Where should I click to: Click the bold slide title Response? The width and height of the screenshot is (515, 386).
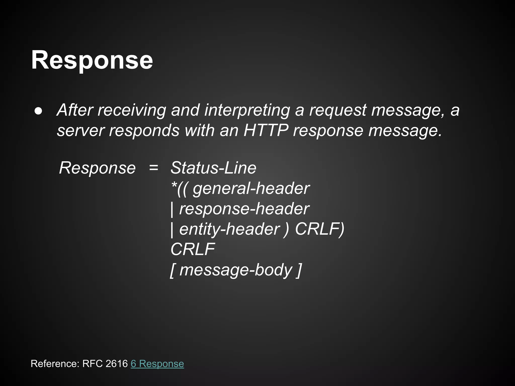[x=92, y=60]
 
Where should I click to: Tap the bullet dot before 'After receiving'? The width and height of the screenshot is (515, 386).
[x=39, y=111]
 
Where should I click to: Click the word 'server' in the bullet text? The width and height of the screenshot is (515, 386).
[x=80, y=130]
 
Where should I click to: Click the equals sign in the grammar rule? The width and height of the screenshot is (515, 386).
[x=154, y=168]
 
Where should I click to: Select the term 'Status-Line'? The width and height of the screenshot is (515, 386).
[x=213, y=168]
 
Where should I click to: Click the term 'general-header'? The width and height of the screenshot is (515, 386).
[x=251, y=188]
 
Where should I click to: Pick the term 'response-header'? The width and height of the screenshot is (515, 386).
[x=244, y=209]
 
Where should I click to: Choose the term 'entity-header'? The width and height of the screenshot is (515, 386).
[x=229, y=229]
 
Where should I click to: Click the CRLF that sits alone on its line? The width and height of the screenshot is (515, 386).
[x=193, y=249]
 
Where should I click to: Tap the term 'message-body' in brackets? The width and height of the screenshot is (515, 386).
[x=236, y=270]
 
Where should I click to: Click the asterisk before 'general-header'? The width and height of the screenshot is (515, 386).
[x=174, y=186]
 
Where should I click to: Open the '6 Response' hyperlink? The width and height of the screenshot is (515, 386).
[x=157, y=364]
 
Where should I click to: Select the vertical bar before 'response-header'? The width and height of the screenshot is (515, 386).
[x=172, y=209]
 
